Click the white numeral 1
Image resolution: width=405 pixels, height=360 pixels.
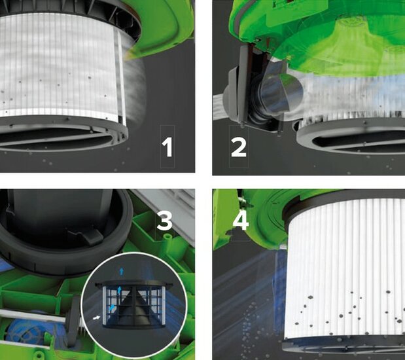pos(167,147)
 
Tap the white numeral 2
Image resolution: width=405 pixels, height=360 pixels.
pos(239,147)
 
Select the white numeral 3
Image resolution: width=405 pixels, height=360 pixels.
pos(164,221)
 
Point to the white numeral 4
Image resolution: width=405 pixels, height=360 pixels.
pos(241,221)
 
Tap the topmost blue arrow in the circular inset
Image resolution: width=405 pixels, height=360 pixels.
pos(122,271)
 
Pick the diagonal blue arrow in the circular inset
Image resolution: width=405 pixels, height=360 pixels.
pos(112,308)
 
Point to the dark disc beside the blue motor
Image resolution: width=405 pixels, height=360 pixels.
pos(74,321)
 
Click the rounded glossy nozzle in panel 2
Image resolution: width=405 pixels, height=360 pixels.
pos(281,91)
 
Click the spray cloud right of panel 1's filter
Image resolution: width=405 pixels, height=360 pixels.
pos(134,88)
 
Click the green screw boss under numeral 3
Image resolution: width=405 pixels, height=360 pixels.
pos(168,237)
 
